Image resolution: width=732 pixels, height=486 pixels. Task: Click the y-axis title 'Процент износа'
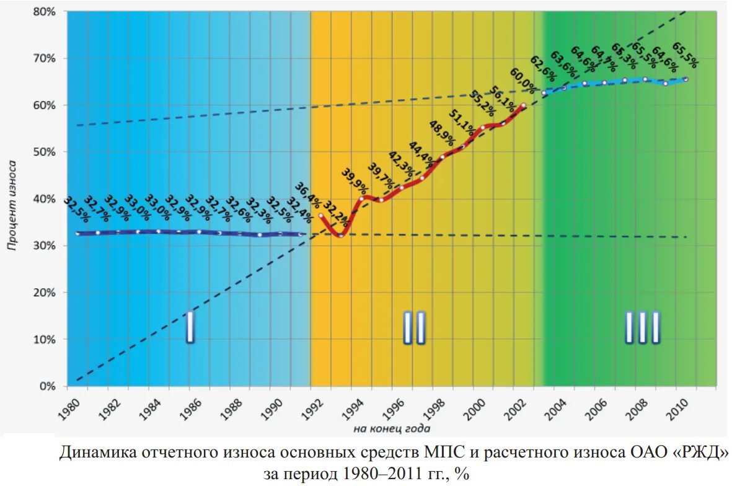coord(12,204)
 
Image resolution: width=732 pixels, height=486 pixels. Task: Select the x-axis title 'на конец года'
coord(384,428)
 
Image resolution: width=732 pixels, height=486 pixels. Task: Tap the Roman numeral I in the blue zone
coord(190,327)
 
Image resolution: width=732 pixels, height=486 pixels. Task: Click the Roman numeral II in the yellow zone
coord(414,327)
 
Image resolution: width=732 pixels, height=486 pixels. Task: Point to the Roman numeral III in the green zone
coord(642,327)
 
